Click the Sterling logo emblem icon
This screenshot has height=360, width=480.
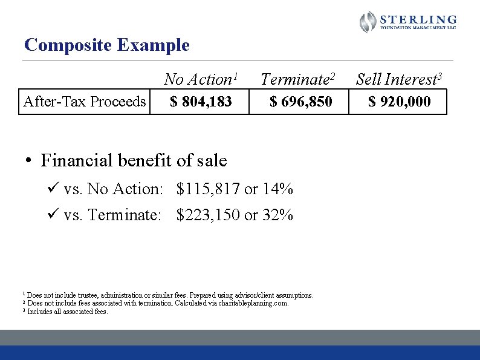(368, 22)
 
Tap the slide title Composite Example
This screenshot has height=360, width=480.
(106, 45)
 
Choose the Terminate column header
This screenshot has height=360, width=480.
(297, 79)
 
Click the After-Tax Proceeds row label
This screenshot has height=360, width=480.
(84, 102)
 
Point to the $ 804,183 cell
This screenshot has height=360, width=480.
(201, 102)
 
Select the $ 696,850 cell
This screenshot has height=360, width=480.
(300, 102)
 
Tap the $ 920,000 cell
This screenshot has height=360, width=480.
(400, 102)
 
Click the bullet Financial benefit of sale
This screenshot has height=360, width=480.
(134, 160)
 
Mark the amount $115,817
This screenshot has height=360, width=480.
(209, 189)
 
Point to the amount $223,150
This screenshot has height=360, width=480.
(209, 215)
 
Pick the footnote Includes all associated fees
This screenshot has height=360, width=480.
(68, 312)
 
